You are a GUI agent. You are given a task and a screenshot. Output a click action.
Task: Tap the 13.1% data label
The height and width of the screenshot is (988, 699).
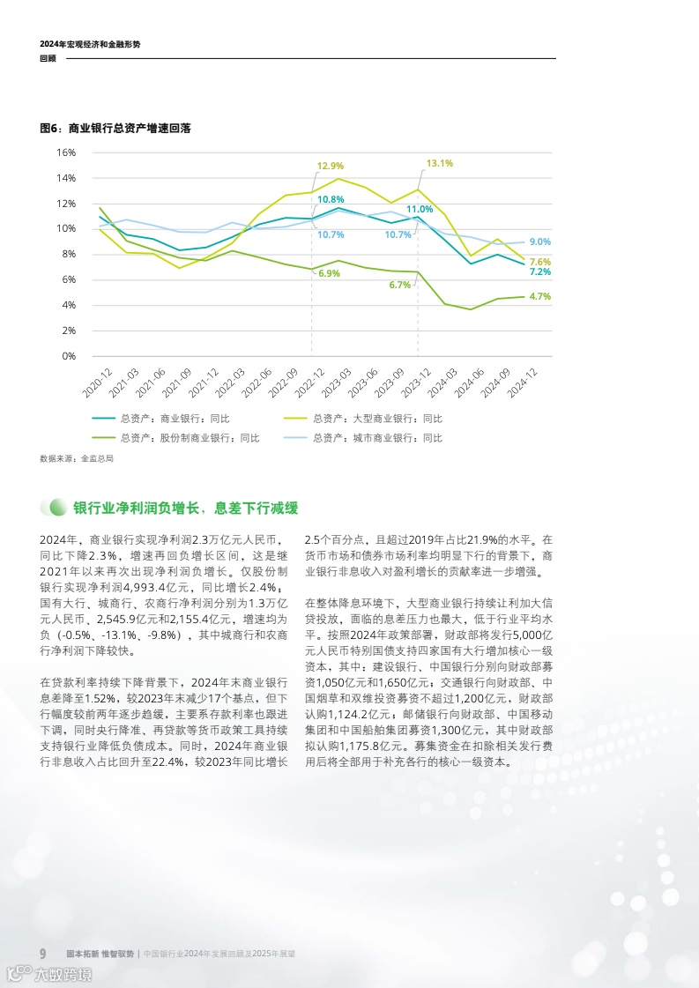439,163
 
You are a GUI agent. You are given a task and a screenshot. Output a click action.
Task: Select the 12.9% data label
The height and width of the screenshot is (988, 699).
331,166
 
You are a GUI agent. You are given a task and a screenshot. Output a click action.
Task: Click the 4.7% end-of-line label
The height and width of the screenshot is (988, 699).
539,297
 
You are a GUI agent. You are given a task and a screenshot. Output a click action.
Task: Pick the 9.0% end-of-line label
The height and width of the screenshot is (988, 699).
539,241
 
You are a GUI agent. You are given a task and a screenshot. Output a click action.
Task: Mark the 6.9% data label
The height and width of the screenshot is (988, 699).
329,274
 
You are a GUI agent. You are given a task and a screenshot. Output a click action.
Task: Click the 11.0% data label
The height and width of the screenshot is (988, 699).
420,209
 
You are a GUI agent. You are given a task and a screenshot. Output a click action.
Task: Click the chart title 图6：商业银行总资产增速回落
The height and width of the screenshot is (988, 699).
115,128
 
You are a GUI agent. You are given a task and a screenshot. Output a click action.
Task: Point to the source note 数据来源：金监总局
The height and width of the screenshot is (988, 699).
77,458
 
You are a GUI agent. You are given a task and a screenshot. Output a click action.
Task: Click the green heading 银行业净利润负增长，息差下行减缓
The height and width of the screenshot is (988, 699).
185,509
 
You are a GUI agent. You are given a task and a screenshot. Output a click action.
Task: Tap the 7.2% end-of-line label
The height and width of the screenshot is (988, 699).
539,272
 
